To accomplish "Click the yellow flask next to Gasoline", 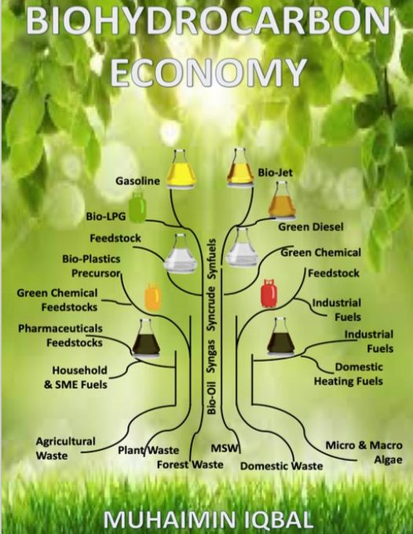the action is [181, 169].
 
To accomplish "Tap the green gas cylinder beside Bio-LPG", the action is [137, 207].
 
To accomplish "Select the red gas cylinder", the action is [269, 293].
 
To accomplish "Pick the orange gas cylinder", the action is [153, 296].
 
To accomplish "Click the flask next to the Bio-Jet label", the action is [240, 167].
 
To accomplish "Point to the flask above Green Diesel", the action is [282, 200].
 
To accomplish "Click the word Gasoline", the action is [137, 181].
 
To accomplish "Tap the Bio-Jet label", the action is [275, 172].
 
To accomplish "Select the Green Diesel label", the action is [311, 227].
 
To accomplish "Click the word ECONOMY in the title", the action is [208, 72].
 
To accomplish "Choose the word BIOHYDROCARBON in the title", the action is [208, 21].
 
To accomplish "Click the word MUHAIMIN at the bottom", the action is [169, 520].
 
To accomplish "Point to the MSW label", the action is [224, 448].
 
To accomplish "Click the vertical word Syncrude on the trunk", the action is [211, 309].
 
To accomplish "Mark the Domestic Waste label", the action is [282, 466].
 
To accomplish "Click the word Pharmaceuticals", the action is [60, 328].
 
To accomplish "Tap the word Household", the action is [79, 370].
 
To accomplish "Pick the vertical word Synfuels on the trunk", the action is [211, 259].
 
